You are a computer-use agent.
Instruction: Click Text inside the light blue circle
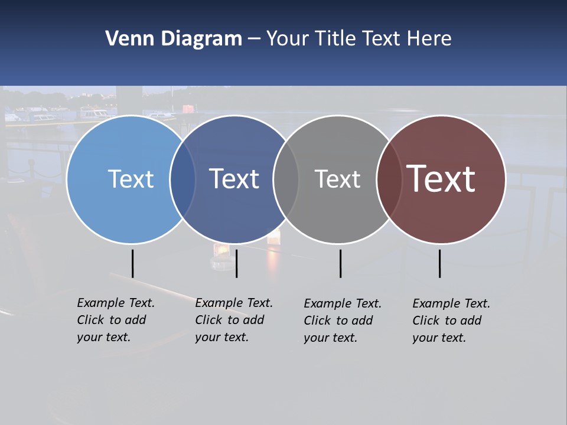[131, 179]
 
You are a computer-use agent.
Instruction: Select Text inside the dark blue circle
[234, 179]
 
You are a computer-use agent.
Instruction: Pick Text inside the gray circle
[337, 179]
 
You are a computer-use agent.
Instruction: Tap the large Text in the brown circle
[441, 179]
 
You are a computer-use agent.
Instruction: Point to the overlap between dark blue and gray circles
[286, 179]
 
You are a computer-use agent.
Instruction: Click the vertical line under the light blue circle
[133, 263]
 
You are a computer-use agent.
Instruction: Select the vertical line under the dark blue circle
[236, 263]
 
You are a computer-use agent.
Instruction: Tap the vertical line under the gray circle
[340, 263]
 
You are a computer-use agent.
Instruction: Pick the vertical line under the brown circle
[439, 263]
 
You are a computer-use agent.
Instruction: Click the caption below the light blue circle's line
[116, 320]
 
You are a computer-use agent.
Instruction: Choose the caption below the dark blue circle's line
[234, 320]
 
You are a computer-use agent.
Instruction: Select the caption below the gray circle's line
[343, 321]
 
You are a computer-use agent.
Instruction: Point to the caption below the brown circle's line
[451, 321]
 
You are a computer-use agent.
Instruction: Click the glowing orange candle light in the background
[219, 251]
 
